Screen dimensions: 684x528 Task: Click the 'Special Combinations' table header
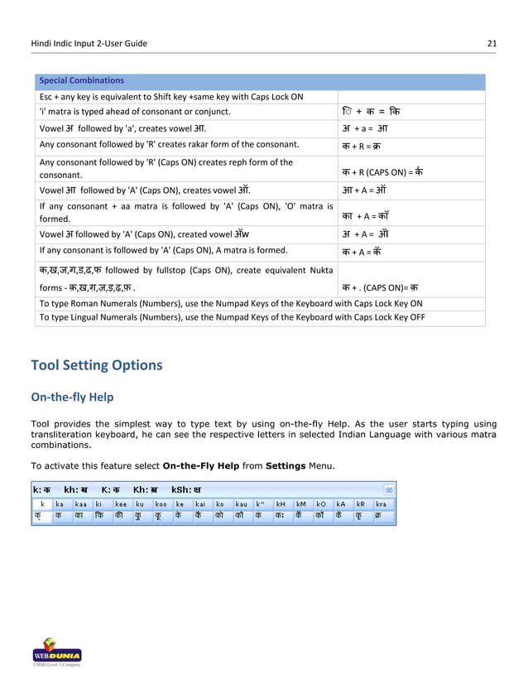click(80, 80)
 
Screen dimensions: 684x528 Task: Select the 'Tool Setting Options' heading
click(96, 365)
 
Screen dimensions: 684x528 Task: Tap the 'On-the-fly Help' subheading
click(72, 397)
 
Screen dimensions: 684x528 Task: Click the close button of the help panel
click(390, 489)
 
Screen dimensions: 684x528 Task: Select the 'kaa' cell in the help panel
click(81, 503)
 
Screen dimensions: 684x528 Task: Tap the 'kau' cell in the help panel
click(241, 503)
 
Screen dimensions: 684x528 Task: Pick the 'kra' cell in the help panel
click(382, 503)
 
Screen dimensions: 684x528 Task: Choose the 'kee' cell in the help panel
click(121, 503)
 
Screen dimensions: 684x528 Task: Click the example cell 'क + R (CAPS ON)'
click(382, 171)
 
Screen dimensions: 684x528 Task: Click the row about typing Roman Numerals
click(230, 304)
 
